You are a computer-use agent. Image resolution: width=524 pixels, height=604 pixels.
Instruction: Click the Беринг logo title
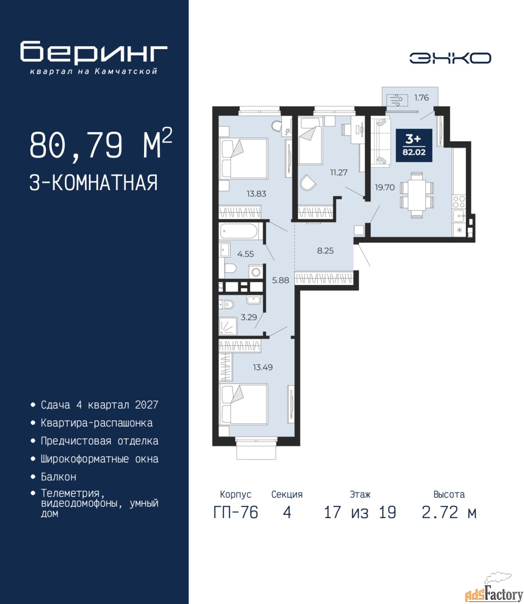click(x=94, y=52)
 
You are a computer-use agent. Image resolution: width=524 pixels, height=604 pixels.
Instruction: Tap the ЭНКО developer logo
click(x=450, y=58)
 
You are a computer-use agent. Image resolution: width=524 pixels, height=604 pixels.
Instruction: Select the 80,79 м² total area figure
click(x=101, y=144)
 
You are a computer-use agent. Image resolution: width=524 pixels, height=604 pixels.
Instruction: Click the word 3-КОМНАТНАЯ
click(x=94, y=183)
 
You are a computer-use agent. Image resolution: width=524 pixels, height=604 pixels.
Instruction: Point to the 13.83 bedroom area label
click(x=256, y=193)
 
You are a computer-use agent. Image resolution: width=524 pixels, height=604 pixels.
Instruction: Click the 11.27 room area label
click(x=339, y=172)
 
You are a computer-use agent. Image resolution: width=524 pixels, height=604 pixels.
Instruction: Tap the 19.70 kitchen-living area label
click(x=385, y=187)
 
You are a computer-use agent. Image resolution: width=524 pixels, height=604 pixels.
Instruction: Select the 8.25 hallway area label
click(x=326, y=251)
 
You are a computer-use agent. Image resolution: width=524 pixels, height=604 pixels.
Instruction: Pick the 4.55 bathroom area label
click(x=246, y=254)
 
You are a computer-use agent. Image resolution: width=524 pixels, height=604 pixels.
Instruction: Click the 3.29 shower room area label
click(x=249, y=317)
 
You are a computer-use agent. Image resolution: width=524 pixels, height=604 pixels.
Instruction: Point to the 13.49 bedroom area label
click(x=263, y=367)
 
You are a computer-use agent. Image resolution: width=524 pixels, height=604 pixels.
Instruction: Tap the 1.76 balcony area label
click(x=421, y=98)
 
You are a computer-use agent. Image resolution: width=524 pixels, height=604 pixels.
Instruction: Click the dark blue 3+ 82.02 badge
click(x=414, y=145)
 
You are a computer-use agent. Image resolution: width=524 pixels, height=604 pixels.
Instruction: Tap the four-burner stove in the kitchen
click(x=459, y=202)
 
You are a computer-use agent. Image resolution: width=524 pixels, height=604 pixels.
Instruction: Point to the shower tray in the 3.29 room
click(x=228, y=327)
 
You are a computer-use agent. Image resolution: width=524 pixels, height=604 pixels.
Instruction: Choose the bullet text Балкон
click(x=59, y=477)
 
